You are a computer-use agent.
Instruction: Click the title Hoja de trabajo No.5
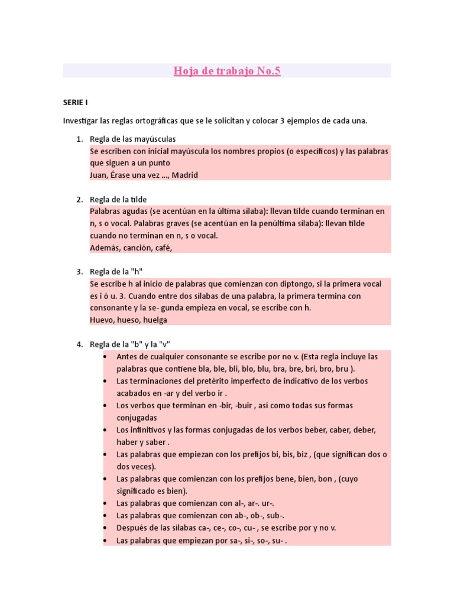pyautogui.click(x=227, y=71)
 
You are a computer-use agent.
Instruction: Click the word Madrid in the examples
pyautogui.click(x=184, y=175)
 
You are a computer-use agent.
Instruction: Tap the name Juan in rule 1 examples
pyautogui.click(x=98, y=175)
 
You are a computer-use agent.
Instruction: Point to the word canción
pyautogui.click(x=137, y=248)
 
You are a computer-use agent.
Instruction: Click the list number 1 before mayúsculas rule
pyautogui.click(x=79, y=139)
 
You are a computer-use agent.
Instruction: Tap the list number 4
pyautogui.click(x=79, y=344)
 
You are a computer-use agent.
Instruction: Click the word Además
pyautogui.click(x=105, y=248)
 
